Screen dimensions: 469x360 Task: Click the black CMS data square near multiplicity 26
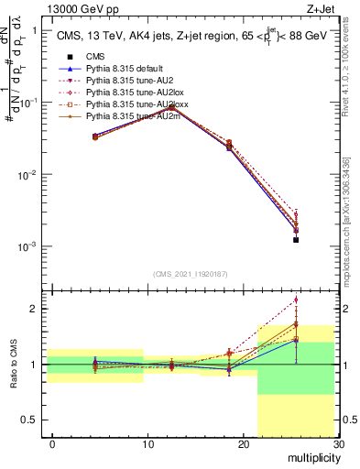click(x=296, y=239)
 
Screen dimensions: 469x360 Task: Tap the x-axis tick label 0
click(x=52, y=444)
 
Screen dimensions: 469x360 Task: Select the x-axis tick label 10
click(x=147, y=444)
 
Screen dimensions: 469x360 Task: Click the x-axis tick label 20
click(x=242, y=444)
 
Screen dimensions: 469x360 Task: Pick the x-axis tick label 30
click(x=337, y=444)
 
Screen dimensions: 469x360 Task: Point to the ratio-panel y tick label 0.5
click(x=34, y=420)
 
